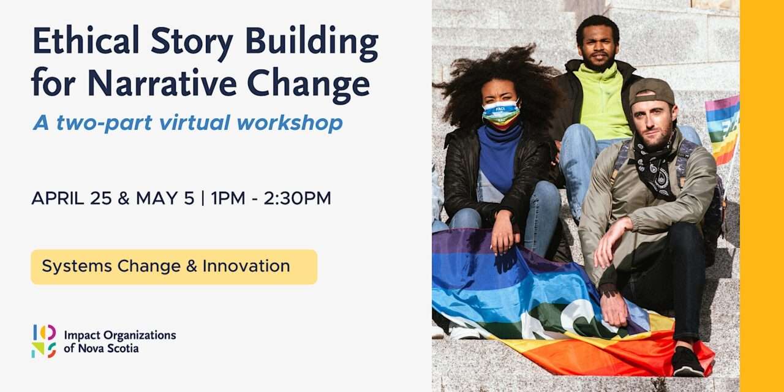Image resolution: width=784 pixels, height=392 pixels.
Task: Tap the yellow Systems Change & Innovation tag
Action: tap(174, 267)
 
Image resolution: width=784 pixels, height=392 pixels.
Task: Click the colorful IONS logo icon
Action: tap(43, 341)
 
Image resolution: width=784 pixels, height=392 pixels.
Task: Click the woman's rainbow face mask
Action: tap(500, 114)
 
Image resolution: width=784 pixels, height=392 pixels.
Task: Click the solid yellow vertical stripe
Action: tap(761, 196)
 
